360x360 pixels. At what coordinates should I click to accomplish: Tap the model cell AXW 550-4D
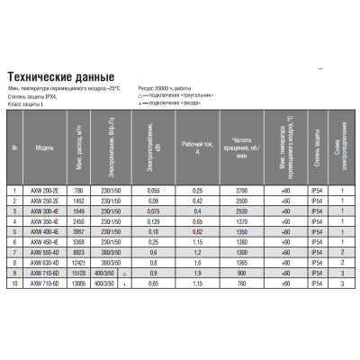pos(46,254)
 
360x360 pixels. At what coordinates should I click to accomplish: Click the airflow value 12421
pos(77,263)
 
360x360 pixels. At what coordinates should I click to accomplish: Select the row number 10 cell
pos(15,283)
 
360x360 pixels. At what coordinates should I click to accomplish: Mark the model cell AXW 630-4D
pos(46,263)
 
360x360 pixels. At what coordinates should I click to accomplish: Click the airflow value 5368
pos(77,241)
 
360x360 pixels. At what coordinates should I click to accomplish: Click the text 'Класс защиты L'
pos(21,107)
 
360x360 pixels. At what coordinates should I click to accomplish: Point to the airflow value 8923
pos(77,254)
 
